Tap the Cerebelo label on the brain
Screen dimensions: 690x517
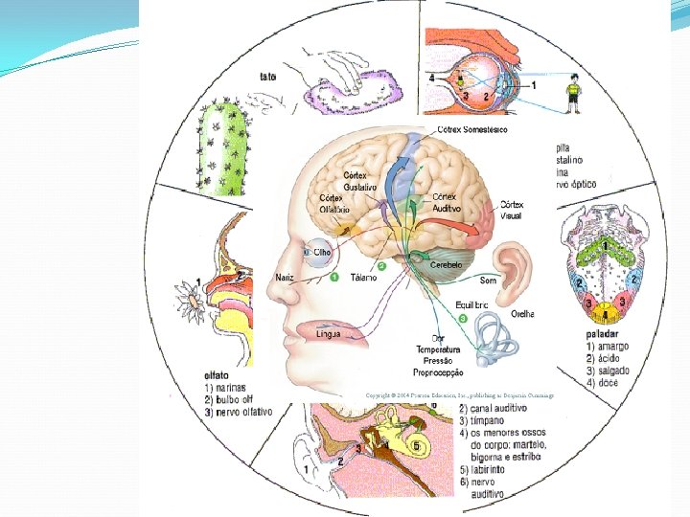click(447, 264)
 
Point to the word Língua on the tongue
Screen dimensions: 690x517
click(327, 334)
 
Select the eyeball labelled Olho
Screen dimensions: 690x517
click(315, 251)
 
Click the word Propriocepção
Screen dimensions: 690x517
click(438, 372)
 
